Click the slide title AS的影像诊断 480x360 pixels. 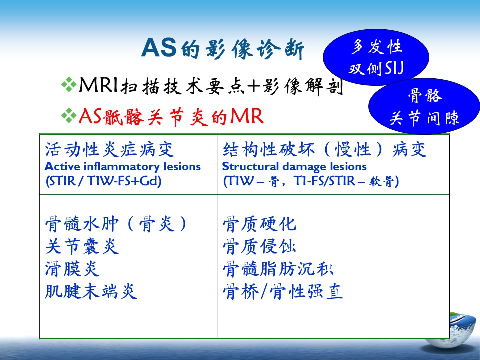(x=223, y=48)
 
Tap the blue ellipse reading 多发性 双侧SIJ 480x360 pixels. (x=376, y=57)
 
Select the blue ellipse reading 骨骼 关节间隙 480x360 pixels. (x=424, y=106)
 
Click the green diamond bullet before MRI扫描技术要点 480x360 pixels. (x=69, y=84)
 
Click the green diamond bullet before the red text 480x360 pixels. (x=69, y=115)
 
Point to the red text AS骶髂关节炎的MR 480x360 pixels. (x=171, y=116)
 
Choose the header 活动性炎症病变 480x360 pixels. (x=109, y=149)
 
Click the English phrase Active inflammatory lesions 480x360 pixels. (x=123, y=167)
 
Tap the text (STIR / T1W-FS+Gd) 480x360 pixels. (x=104, y=181)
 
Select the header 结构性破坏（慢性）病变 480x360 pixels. (x=325, y=149)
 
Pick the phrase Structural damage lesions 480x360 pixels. (x=294, y=167)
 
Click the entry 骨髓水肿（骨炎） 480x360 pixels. (x=116, y=224)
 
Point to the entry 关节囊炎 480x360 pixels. (x=82, y=246)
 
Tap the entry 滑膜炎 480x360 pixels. (x=72, y=269)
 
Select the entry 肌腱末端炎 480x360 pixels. (x=91, y=291)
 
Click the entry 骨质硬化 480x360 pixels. (x=259, y=224)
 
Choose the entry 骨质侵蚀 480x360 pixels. (x=259, y=246)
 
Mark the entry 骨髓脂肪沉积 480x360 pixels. (x=278, y=269)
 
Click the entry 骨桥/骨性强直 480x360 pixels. (x=283, y=291)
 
